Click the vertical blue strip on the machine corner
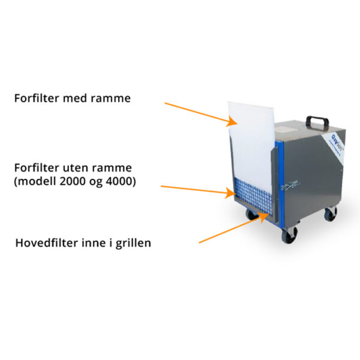coord(278,180)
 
